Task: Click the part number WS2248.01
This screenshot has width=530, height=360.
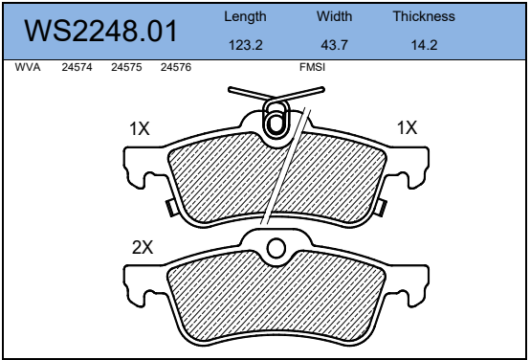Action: pyautogui.click(x=100, y=31)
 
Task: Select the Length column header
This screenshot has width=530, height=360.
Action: pyautogui.click(x=245, y=16)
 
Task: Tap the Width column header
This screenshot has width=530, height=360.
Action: pyautogui.click(x=334, y=16)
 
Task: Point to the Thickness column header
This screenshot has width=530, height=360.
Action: pyautogui.click(x=424, y=16)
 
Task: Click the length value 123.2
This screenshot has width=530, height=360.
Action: pyautogui.click(x=246, y=45)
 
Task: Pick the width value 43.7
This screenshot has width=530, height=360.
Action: pyautogui.click(x=334, y=45)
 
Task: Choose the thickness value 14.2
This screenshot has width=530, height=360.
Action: pyautogui.click(x=424, y=45)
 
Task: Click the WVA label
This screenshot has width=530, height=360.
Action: pyautogui.click(x=28, y=67)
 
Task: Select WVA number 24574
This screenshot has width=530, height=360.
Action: pyautogui.click(x=77, y=67)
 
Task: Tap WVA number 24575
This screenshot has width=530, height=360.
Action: pyautogui.click(x=126, y=67)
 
